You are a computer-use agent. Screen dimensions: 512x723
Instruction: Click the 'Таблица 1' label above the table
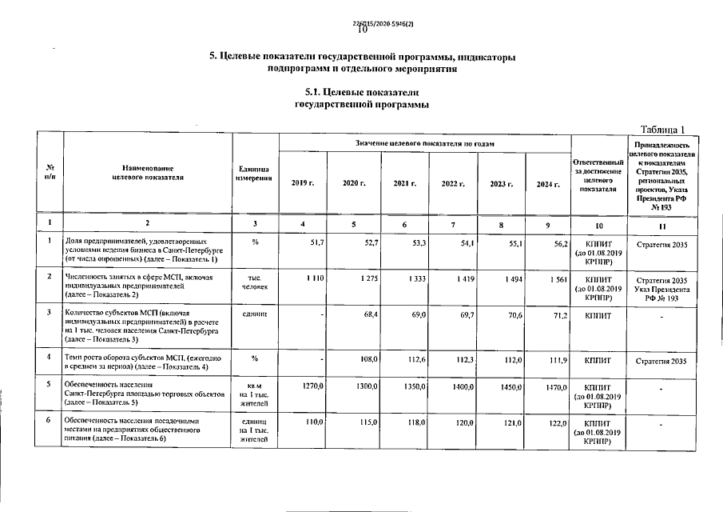click(x=664, y=130)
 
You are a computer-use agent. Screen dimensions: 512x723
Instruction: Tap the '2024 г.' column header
click(x=546, y=184)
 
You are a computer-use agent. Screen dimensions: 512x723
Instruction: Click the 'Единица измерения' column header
click(x=254, y=173)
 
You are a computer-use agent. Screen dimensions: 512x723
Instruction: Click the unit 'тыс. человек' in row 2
click(x=254, y=282)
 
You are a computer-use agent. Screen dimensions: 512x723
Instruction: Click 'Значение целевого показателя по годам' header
click(x=424, y=143)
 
